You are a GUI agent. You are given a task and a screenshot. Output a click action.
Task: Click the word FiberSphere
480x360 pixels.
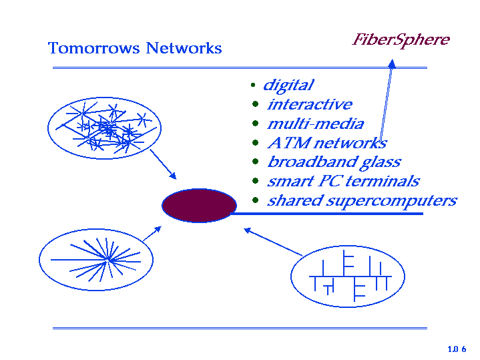click(x=401, y=40)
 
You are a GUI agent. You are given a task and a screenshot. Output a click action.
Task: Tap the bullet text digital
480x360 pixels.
click(x=288, y=85)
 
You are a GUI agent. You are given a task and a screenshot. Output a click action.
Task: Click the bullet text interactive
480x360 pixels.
click(x=309, y=105)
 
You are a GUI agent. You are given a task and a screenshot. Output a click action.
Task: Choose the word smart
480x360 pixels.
click(x=286, y=182)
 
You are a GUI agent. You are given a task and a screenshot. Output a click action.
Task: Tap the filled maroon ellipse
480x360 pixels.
click(x=199, y=205)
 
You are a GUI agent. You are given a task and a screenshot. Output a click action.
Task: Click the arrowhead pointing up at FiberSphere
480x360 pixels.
click(x=392, y=63)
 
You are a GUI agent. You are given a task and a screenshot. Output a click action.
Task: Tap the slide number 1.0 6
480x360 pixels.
click(x=457, y=349)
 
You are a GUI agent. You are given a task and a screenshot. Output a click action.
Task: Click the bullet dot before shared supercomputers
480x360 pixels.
click(x=256, y=200)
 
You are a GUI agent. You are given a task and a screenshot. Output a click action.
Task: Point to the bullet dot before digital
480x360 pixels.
click(x=253, y=86)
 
